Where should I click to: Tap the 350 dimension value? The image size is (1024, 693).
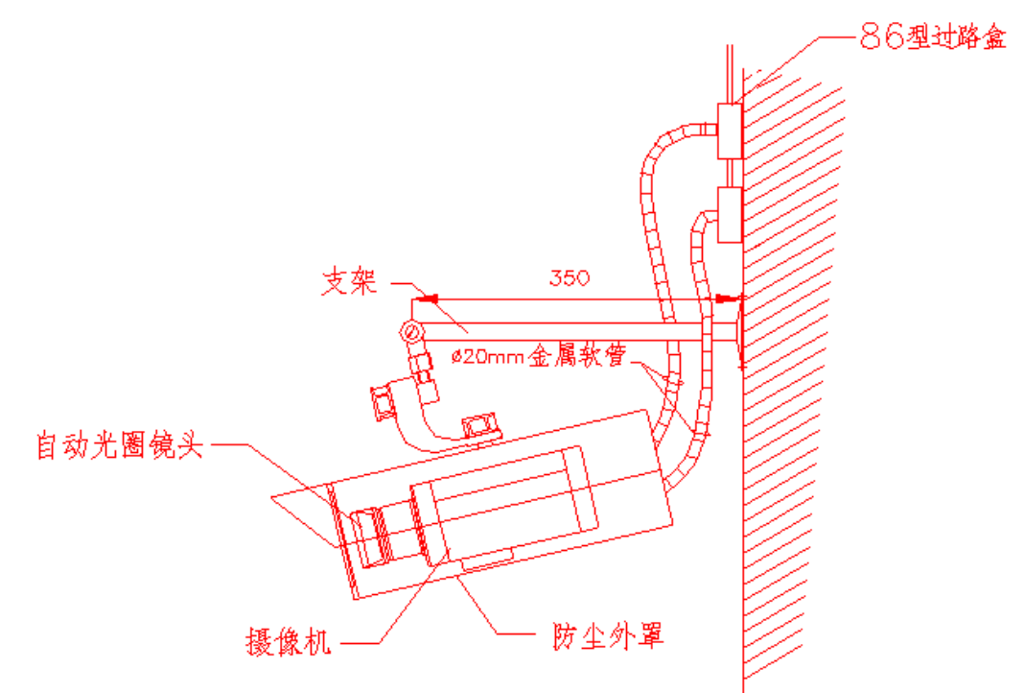[x=569, y=278]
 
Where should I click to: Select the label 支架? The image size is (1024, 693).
[x=349, y=284]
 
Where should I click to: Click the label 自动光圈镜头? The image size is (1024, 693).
[x=120, y=446]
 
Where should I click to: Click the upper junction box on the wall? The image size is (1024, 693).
[x=730, y=131]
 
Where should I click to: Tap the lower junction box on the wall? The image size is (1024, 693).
[x=729, y=215]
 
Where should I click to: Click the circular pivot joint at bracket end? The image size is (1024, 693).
[x=411, y=332]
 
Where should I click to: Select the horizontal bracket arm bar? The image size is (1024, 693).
[x=575, y=331]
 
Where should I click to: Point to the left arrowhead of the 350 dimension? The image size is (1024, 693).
[x=428, y=299]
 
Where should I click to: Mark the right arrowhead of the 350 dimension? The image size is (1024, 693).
[x=728, y=299]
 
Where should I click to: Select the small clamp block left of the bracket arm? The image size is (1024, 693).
[x=382, y=400]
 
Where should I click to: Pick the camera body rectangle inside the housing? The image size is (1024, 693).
[x=508, y=509]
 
